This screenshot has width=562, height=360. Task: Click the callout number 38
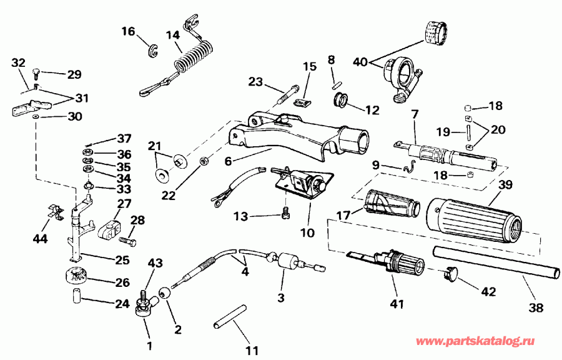pyautogui.click(x=536, y=307)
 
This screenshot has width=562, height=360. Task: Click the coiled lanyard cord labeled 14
pyautogui.click(x=194, y=60)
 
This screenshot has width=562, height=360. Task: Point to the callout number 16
pyautogui.click(x=128, y=31)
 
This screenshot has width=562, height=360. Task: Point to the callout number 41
pyautogui.click(x=397, y=304)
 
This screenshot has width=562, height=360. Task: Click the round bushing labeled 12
pyautogui.click(x=341, y=101)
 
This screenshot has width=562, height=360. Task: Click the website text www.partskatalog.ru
pyautogui.click(x=475, y=341)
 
